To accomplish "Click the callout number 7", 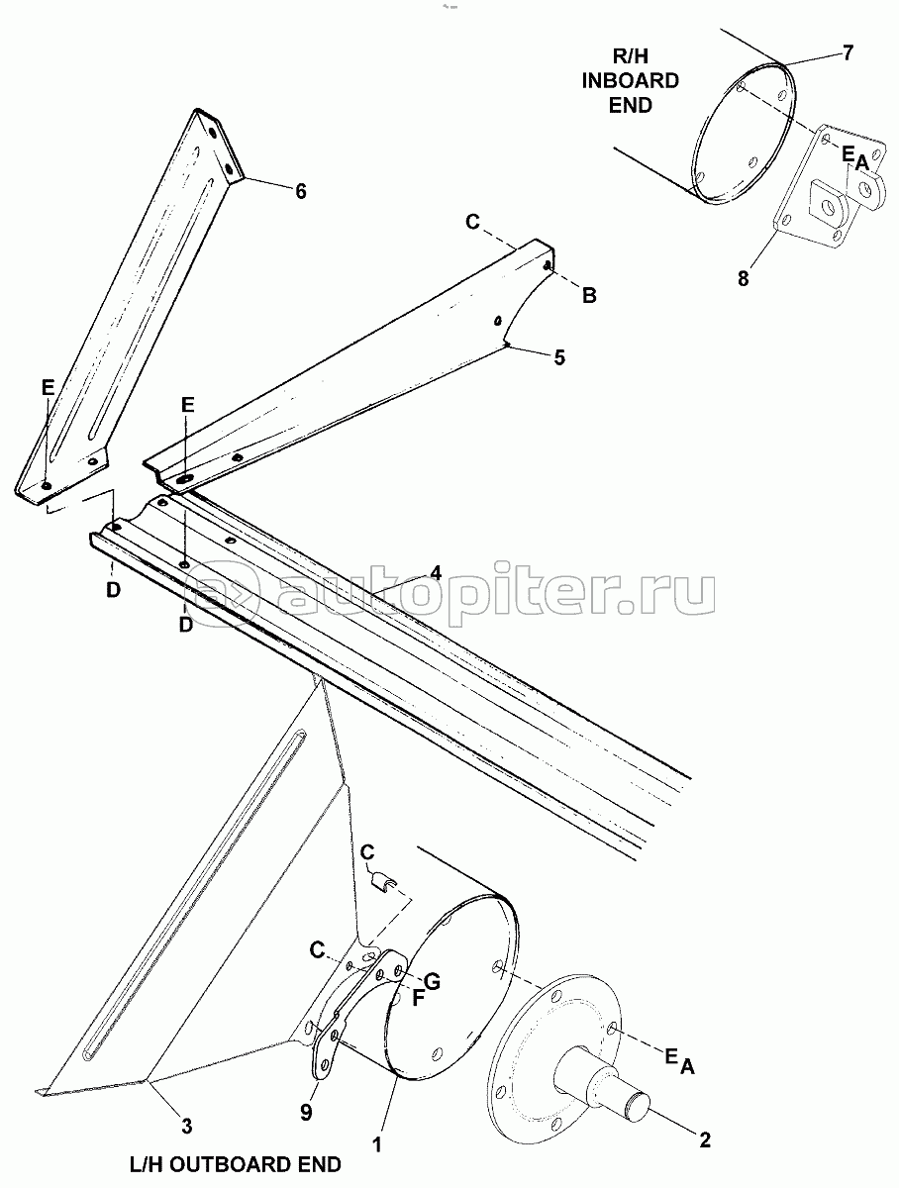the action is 848,52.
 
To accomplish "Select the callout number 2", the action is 704,1139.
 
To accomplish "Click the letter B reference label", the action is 589,295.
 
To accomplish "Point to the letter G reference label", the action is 432,980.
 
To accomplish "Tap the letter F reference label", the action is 417,998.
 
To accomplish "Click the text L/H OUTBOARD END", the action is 236,1163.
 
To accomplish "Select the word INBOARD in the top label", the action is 631,80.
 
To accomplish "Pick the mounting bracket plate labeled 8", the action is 828,187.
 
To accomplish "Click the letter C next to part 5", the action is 472,222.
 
